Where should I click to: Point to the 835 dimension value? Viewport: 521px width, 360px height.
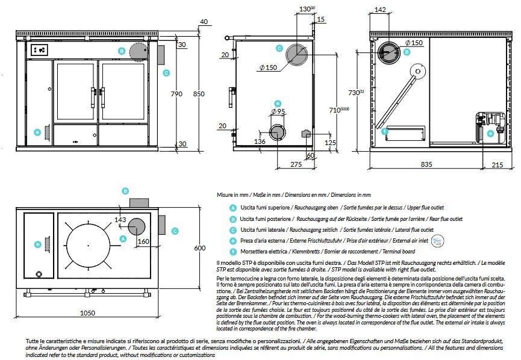pos(426,164)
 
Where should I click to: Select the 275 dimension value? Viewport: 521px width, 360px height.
pos(296,164)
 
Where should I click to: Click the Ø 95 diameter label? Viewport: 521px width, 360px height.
pos(277,111)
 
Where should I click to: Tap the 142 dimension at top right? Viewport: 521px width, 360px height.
pos(380,10)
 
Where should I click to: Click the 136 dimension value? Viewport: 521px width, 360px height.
pos(260,141)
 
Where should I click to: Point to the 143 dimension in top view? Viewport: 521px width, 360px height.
pos(120,220)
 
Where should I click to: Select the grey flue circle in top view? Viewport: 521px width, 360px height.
pos(137,226)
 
